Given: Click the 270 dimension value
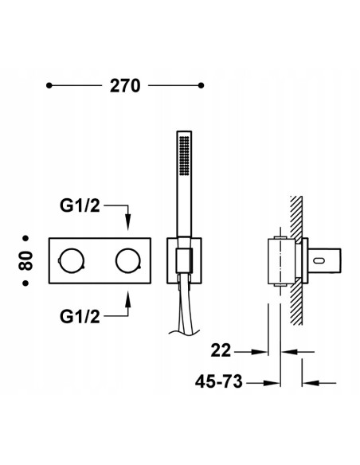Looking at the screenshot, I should coord(125,86).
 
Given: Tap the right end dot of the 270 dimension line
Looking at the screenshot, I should coord(201,85).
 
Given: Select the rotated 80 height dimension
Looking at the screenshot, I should coord(29,260).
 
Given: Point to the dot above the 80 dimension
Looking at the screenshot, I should coord(29,237).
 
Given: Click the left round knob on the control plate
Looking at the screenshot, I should coord(71,260).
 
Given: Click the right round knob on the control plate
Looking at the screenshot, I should coord(126,260).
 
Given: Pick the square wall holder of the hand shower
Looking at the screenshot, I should coord(182,260).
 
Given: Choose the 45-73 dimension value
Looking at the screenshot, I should coord(215,382).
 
